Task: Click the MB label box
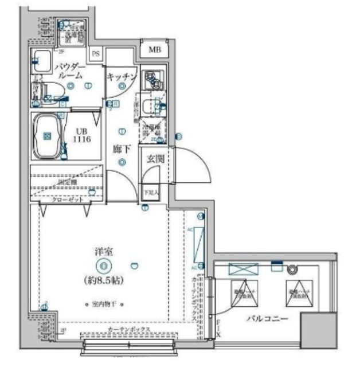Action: [x=155, y=50]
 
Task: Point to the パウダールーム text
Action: [x=69, y=71]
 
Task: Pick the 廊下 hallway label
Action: [x=122, y=150]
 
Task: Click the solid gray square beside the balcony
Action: [x=319, y=331]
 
